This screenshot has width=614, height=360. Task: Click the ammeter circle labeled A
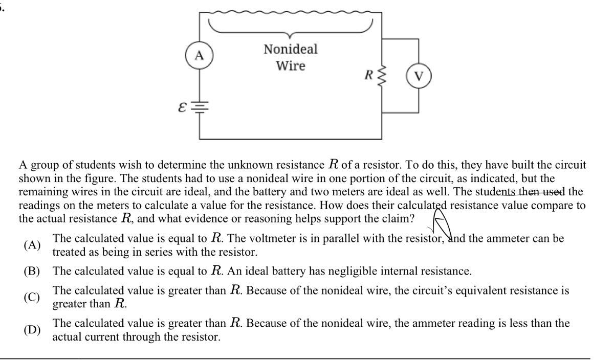pos(199,56)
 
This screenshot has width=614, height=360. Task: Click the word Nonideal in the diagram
pos(291,50)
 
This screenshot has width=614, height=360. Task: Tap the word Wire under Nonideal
pos(291,66)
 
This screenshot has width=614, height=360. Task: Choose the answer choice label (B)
pos(32,271)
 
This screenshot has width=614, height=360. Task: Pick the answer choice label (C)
pos(32,297)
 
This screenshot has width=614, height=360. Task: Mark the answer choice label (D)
pos(32,330)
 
